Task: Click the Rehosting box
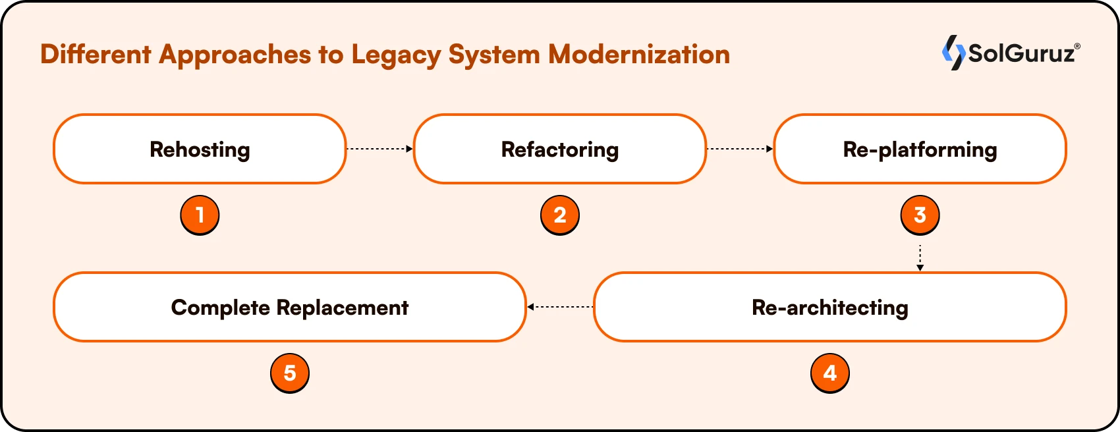tap(200, 149)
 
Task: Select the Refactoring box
tap(560, 149)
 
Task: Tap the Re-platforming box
tap(920, 149)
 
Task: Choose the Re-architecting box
tap(829, 307)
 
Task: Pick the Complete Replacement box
tap(290, 307)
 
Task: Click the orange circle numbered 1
tap(200, 215)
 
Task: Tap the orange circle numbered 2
tap(560, 215)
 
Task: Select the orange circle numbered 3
tap(920, 215)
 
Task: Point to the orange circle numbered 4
tap(829, 373)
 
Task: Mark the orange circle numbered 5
tap(290, 373)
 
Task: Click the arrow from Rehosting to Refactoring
tap(379, 149)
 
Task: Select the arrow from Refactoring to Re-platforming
tap(740, 149)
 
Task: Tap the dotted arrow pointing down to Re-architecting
tap(920, 257)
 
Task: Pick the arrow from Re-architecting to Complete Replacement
tap(560, 307)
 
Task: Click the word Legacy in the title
tap(395, 55)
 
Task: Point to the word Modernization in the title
tap(639, 54)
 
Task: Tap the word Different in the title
tap(96, 54)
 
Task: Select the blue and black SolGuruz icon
tap(953, 52)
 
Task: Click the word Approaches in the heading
tap(235, 55)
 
